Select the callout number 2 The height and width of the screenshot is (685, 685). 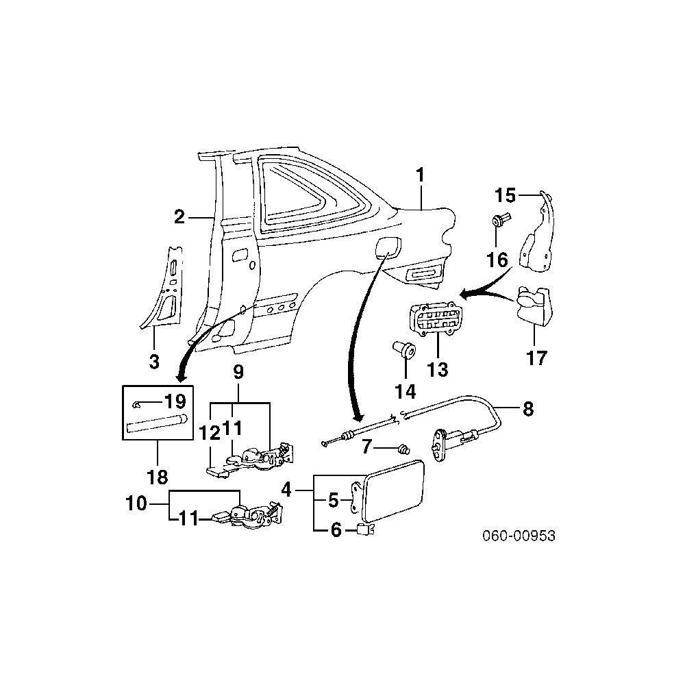click(179, 217)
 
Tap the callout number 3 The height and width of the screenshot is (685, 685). click(154, 360)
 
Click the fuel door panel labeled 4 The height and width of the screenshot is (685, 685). click(394, 488)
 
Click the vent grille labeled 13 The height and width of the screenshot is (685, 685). click(436, 321)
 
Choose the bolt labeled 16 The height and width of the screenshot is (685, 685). click(499, 221)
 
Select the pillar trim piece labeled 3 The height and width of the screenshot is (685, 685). click(167, 288)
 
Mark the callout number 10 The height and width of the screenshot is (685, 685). click(137, 504)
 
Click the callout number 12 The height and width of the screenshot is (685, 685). click(208, 433)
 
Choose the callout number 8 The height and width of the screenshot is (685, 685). click(527, 410)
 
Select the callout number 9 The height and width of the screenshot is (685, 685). click(238, 373)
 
